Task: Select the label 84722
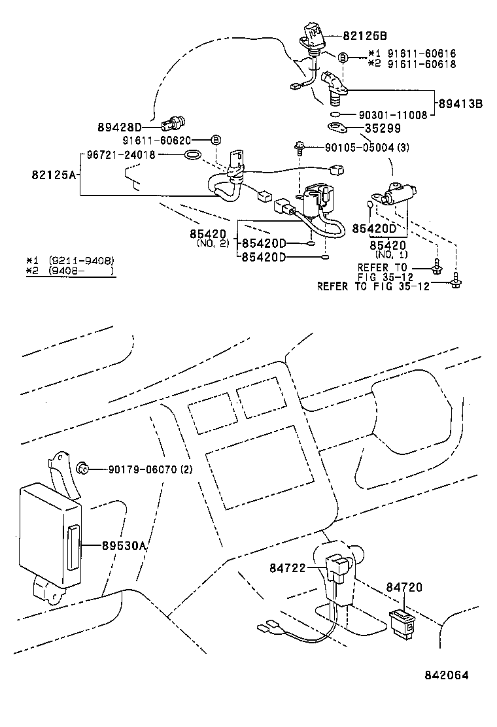tap(288, 569)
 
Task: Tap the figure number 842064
tap(445, 676)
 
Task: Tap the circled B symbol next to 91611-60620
tap(216, 140)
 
